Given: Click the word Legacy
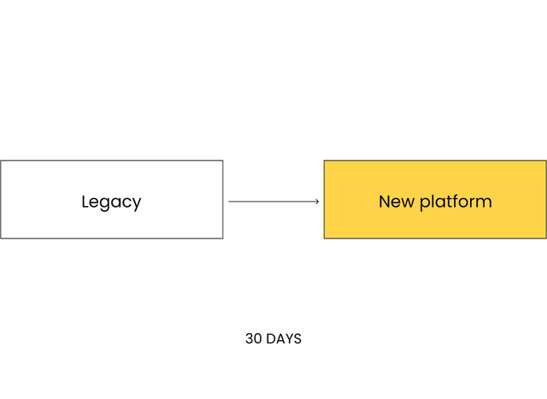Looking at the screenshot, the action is pyautogui.click(x=111, y=202).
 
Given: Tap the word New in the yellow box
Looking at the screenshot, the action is pyautogui.click(x=397, y=202).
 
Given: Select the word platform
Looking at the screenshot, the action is pyautogui.click(x=456, y=202).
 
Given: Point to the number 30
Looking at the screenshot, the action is pyautogui.click(x=254, y=338).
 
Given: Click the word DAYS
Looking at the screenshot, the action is pyautogui.click(x=283, y=338).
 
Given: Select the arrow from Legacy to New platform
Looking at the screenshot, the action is pyautogui.click(x=273, y=202).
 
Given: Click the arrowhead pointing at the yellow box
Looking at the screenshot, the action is pyautogui.click(x=317, y=202).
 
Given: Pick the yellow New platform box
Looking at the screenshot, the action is pyautogui.click(x=435, y=200).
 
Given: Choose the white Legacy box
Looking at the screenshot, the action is pyautogui.click(x=112, y=200).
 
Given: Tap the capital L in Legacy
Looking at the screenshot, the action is pyautogui.click(x=85, y=202).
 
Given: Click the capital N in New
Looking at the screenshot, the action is pyautogui.click(x=385, y=202).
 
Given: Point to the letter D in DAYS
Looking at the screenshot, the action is pyautogui.click(x=270, y=338).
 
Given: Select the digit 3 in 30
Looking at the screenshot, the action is pyautogui.click(x=249, y=338).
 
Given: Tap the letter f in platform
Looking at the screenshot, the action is pyautogui.click(x=450, y=202).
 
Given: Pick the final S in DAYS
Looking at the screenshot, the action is pyautogui.click(x=297, y=338).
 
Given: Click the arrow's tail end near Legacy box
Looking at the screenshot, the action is pyautogui.click(x=229, y=202).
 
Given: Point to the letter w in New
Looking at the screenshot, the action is pyautogui.click(x=408, y=203).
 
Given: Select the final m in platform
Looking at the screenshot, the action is pyautogui.click(x=484, y=203).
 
